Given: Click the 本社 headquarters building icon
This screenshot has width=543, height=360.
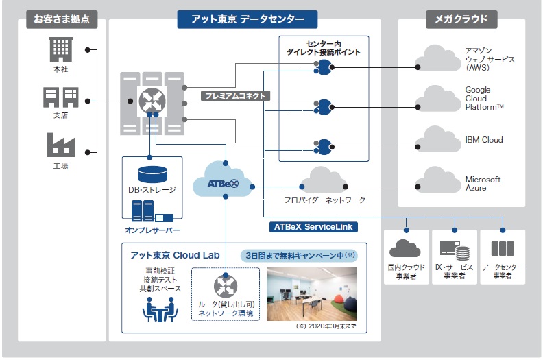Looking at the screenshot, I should pos(61,49).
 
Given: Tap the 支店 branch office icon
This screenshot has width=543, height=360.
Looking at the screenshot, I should pos(61,97).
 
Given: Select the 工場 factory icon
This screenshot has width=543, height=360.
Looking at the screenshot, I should pos(61,145).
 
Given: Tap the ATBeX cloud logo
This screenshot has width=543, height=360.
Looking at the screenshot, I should pos(223,183).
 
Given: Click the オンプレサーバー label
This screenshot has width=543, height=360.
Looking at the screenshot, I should pos(152,230).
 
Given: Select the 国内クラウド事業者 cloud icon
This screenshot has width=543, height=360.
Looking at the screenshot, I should pos(405,248).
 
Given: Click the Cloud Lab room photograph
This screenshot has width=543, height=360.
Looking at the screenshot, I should pos(311,293).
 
